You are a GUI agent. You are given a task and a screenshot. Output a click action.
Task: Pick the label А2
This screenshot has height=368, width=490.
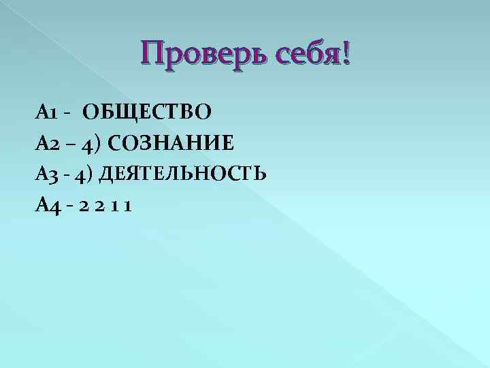tap(49, 142)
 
